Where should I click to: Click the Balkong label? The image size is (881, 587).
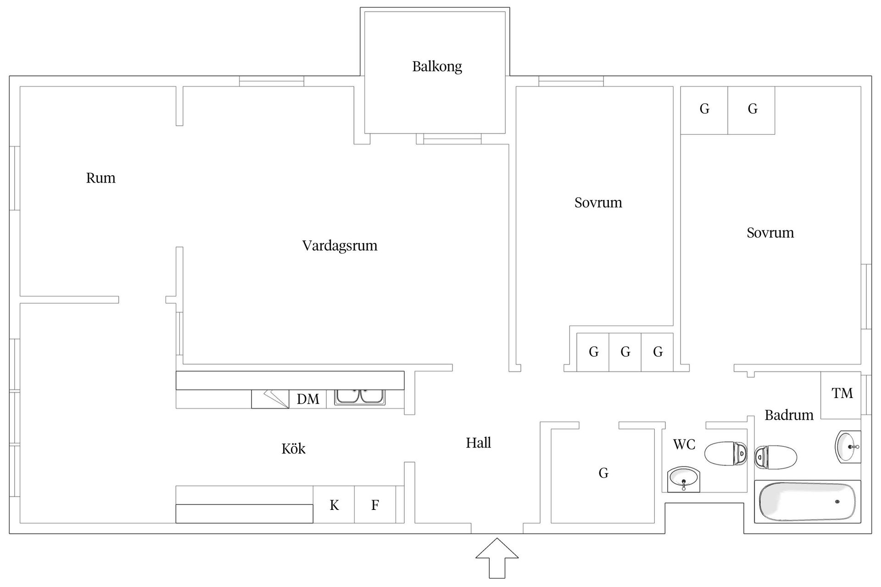437,66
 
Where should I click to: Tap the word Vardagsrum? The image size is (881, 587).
340,246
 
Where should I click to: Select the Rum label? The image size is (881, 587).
100,178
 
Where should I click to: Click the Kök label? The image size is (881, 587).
293,449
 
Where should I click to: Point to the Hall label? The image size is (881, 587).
478,443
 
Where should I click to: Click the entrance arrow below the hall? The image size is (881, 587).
497,557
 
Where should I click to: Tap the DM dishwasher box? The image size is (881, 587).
308,399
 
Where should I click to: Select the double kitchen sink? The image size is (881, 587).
360,397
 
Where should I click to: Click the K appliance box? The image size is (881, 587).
334,505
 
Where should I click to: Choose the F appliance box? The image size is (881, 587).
375,505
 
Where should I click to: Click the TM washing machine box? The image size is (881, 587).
842,393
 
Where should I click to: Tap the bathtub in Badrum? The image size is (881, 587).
808,502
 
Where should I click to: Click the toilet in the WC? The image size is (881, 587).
725,453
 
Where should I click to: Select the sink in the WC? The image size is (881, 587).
684,479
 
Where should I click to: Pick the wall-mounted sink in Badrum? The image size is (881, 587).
848,446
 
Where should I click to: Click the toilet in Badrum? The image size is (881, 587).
775,457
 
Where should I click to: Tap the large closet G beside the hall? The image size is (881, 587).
603,473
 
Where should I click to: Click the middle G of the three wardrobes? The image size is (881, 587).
625,352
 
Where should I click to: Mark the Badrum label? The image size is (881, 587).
789,415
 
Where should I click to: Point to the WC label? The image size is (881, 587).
684,444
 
